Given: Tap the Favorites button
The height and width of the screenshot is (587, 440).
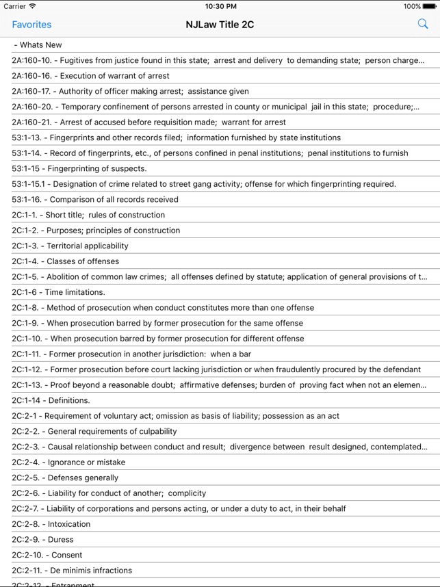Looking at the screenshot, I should (31, 25).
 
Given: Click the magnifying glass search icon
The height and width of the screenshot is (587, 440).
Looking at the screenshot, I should (422, 25).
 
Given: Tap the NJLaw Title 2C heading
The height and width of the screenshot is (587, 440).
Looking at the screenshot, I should (220, 25).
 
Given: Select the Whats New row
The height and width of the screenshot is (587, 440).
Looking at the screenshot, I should (41, 45).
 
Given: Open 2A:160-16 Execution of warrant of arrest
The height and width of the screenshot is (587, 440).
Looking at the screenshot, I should (91, 76).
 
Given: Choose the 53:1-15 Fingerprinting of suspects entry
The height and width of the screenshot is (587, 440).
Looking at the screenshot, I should (79, 168).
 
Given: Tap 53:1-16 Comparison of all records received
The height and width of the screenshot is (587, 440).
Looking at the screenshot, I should (95, 200).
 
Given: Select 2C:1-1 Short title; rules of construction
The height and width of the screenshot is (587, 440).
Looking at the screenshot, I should (88, 215).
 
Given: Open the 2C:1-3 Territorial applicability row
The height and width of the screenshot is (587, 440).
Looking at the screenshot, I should (70, 246).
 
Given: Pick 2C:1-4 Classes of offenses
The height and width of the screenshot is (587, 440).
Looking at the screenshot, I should (65, 261).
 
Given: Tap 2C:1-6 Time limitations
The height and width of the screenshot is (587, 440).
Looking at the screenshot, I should (58, 292).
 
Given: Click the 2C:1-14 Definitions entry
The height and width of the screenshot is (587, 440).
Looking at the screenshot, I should (51, 400).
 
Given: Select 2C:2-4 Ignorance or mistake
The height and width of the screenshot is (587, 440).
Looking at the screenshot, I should (68, 462).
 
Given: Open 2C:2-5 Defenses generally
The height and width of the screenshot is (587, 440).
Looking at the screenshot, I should (65, 478).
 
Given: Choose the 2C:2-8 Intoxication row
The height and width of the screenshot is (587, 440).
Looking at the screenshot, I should (51, 524).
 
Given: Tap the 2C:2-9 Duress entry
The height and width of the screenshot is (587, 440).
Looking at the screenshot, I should (42, 540).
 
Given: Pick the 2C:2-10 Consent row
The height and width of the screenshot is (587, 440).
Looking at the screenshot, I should (47, 555).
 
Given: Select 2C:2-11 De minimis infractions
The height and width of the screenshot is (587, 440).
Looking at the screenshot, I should (72, 571).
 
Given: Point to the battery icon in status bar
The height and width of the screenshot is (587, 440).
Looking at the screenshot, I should (430, 6).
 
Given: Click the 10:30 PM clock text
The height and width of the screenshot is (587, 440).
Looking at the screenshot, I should (220, 6).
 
